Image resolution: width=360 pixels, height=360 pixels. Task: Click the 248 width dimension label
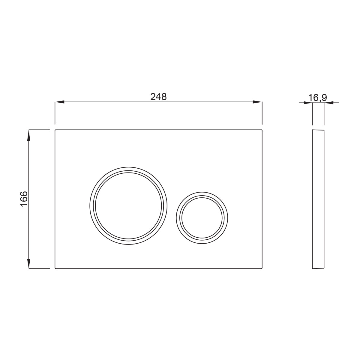coord(158,97)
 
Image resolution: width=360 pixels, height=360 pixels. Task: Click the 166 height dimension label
coord(24,199)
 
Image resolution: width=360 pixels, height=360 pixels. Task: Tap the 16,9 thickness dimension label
coord(317,98)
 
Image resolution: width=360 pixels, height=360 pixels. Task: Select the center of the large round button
coord(128,206)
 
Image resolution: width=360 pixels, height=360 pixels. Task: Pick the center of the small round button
coord(202,218)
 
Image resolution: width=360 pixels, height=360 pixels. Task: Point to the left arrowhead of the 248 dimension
coord(59,102)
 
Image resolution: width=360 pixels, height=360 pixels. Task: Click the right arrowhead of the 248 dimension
coord(257,102)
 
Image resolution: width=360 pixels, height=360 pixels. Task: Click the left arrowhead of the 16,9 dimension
coord(308,103)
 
